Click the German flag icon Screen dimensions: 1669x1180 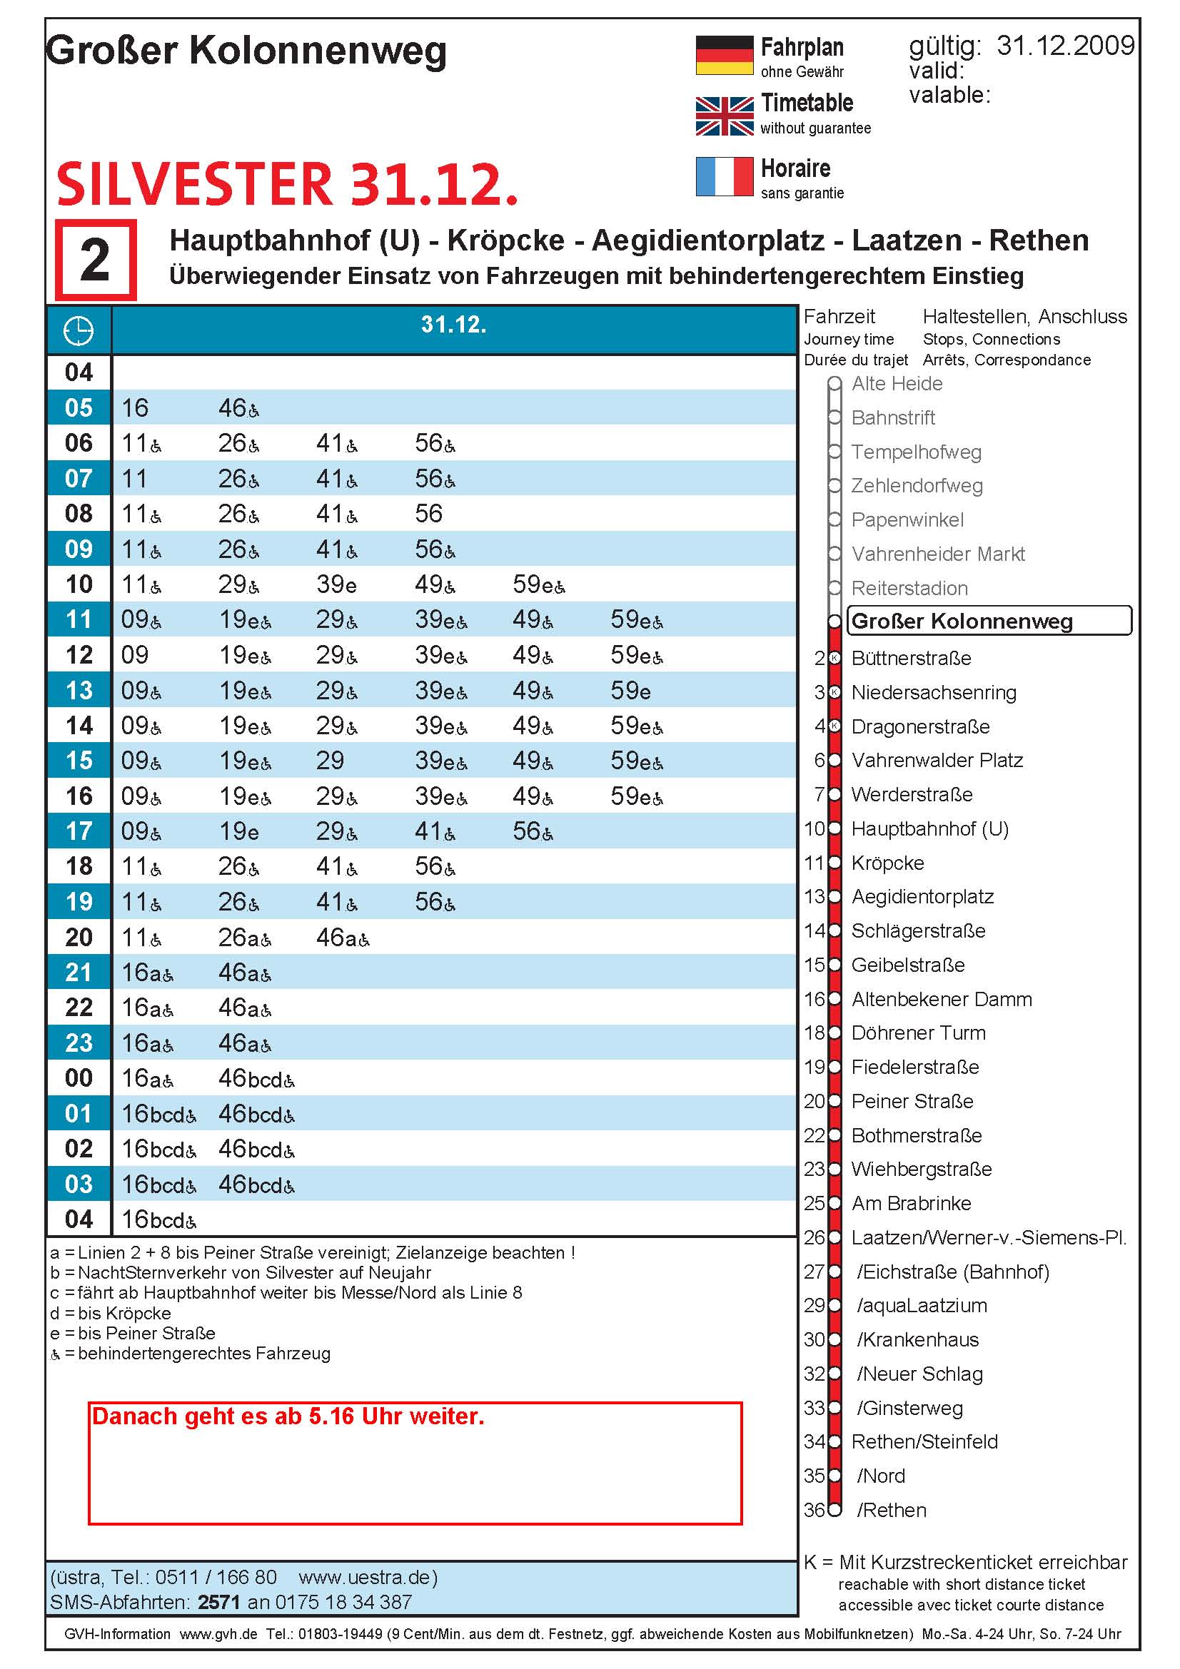(x=723, y=55)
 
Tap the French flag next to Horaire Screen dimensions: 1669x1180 (x=723, y=177)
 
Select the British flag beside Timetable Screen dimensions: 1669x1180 (x=723, y=116)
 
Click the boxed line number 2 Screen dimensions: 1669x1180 (x=95, y=260)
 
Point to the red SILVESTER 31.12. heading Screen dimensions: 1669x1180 (x=287, y=185)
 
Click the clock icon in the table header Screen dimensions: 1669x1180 (x=79, y=331)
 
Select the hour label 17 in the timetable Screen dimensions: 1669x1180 (x=79, y=831)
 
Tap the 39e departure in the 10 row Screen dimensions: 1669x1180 (x=336, y=584)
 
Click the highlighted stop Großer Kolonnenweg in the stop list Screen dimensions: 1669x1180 (x=961, y=622)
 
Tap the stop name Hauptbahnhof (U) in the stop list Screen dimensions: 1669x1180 (x=929, y=828)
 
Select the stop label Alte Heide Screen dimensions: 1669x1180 (x=897, y=384)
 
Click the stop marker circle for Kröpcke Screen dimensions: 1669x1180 (x=835, y=863)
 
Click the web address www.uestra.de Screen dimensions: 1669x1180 (x=368, y=1578)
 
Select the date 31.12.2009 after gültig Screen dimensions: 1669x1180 (x=1064, y=46)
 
